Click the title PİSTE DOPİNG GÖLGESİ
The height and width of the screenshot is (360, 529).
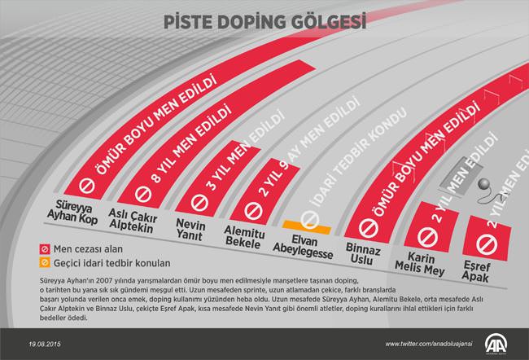pos(264,20)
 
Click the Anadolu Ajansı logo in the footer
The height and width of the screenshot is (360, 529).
pos(497,343)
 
